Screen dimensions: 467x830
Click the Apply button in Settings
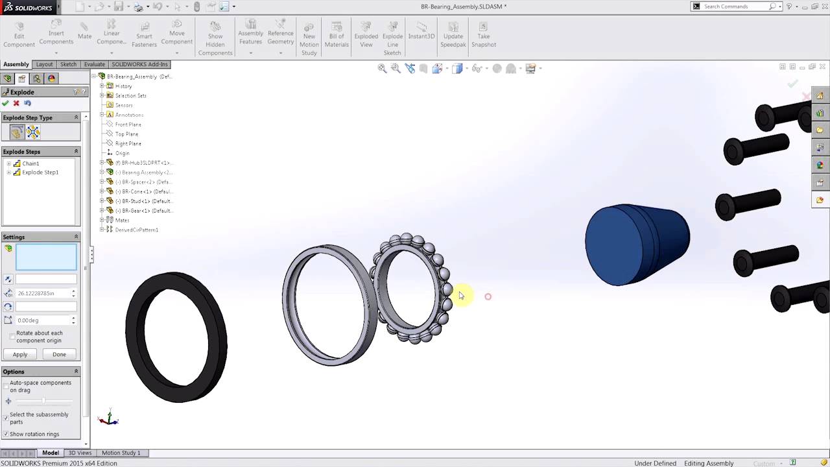(20, 354)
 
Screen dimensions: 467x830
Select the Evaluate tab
(94, 64)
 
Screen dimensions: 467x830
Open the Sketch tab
(68, 64)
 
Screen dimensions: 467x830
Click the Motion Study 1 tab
(121, 453)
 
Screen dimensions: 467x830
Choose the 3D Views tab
(80, 453)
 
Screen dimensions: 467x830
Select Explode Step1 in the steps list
(40, 173)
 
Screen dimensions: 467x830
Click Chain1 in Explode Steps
(30, 163)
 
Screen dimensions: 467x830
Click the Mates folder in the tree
(122, 221)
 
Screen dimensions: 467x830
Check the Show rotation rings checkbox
(6, 434)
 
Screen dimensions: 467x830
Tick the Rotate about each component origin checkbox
(12, 336)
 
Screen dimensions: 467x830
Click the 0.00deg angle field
(42, 320)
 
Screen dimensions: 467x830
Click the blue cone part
(635, 245)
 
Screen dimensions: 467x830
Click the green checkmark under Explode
(6, 103)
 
